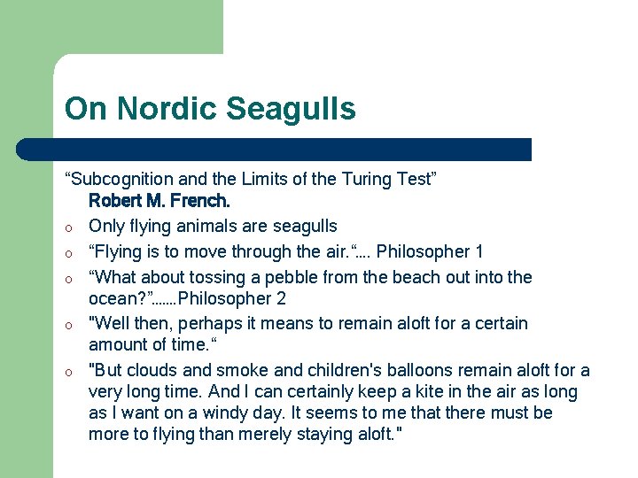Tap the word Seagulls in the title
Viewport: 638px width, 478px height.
[x=291, y=109]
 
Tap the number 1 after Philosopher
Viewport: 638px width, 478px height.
[x=478, y=251]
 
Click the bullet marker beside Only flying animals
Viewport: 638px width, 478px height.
[x=68, y=227]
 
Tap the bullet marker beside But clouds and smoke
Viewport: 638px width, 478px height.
[x=68, y=372]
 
